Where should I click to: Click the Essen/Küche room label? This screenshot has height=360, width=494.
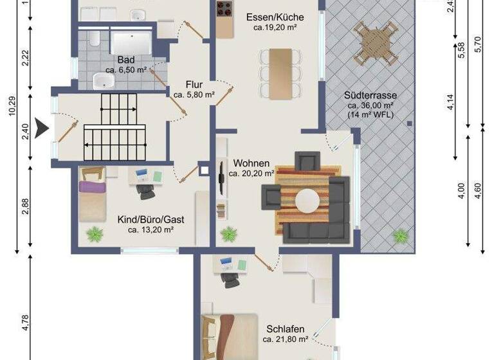click(275, 18)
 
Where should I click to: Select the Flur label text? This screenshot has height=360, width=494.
click(194, 84)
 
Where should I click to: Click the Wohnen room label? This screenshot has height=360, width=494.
click(252, 163)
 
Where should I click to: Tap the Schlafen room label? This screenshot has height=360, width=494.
click(283, 328)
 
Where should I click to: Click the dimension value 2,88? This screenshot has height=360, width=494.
click(25, 206)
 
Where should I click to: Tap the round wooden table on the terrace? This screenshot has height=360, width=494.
click(378, 42)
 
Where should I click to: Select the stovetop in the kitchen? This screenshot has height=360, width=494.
click(224, 8)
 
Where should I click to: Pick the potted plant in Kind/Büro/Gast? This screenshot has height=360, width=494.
click(95, 233)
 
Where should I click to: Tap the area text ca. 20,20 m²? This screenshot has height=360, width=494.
click(254, 173)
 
